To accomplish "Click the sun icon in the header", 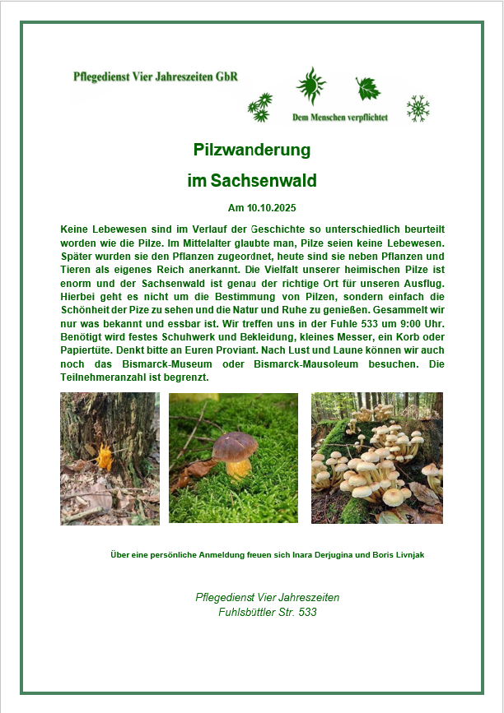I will tap(310, 85).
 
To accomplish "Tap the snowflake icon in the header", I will tap(418, 108).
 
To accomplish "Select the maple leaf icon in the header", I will tap(367, 88).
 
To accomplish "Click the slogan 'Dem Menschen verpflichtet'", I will tap(339, 118).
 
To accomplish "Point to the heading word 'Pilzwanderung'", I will tap(251, 150).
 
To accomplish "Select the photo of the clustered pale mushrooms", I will tap(376, 458).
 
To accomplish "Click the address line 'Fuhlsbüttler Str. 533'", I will tap(268, 613).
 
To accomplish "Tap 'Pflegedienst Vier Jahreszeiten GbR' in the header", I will tap(156, 77).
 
